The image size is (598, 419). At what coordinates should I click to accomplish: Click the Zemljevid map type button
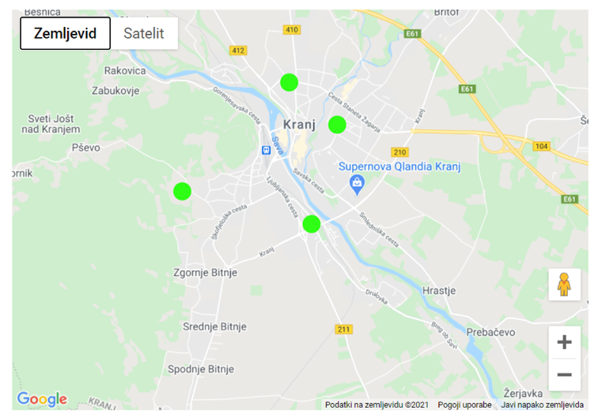click(65, 33)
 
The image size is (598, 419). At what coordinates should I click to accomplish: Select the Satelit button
click(143, 33)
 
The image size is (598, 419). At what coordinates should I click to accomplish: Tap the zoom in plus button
click(564, 343)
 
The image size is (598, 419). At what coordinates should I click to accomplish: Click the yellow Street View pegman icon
click(564, 284)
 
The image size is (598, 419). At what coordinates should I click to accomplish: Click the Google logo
click(42, 399)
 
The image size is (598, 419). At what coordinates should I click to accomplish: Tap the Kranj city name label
click(299, 124)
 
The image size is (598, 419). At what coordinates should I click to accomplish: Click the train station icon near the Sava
click(266, 150)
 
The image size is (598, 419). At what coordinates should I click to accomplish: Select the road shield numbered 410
click(292, 30)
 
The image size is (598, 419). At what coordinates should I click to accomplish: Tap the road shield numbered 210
click(400, 152)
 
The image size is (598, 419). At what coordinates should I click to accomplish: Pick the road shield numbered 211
click(344, 329)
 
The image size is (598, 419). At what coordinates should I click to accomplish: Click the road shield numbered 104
click(541, 146)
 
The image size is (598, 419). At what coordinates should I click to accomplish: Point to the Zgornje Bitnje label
click(205, 272)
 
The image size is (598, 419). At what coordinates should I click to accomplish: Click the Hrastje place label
click(439, 291)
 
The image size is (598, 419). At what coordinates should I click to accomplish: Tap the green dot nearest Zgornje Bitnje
click(182, 190)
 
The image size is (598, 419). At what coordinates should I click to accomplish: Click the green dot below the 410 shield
click(289, 82)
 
